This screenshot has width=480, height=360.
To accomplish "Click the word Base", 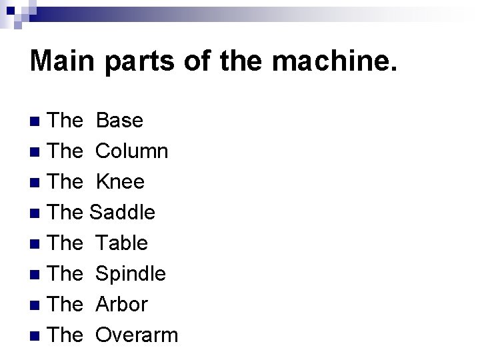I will point(119,121).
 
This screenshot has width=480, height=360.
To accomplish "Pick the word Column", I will point(131,151).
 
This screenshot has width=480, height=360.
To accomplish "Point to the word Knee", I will point(120,182).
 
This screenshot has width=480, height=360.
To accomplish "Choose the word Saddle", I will point(122,213).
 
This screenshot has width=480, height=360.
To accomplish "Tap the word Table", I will point(121,243).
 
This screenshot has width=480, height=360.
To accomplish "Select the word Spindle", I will point(131,274).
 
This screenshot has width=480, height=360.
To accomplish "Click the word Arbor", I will point(121,305).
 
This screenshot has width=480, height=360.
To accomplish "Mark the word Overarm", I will point(137,335).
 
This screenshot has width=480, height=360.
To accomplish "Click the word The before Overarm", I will point(66,335).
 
